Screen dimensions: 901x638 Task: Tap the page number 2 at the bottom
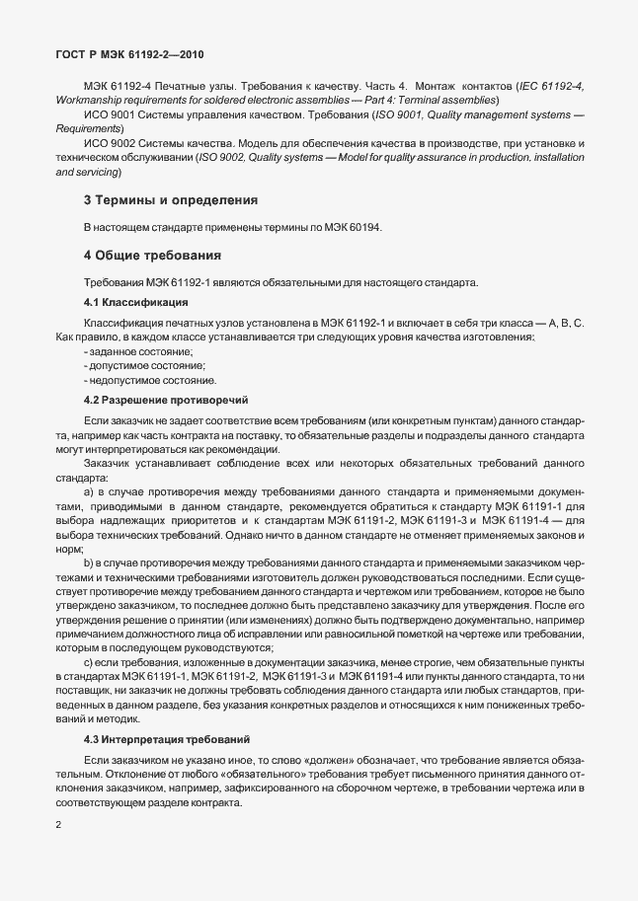click(58, 824)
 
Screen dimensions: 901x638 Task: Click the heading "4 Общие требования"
click(143, 256)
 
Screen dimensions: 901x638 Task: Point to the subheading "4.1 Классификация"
click(130, 302)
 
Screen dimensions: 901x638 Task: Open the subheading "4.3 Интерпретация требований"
click(169, 739)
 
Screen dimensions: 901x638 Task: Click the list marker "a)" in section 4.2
click(89, 490)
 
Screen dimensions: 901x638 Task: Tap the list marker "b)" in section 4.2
click(89, 562)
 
